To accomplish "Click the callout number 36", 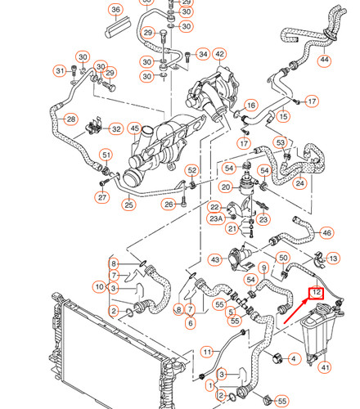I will pyautogui.click(x=115, y=10).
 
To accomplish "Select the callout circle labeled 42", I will pyautogui.click(x=219, y=55).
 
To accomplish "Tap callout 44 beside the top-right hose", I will pyautogui.click(x=326, y=61).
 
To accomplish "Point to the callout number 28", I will pyautogui.click(x=71, y=120).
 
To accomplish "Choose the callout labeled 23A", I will pyautogui.click(x=216, y=218).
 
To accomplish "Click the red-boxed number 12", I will pyautogui.click(x=316, y=292).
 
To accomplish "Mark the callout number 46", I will pyautogui.click(x=326, y=233).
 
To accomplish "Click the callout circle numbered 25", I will pyautogui.click(x=128, y=204).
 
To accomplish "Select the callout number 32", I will pyautogui.click(x=116, y=128).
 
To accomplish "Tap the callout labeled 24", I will pyautogui.click(x=300, y=184).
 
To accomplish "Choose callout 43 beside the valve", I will pyautogui.click(x=214, y=259).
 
